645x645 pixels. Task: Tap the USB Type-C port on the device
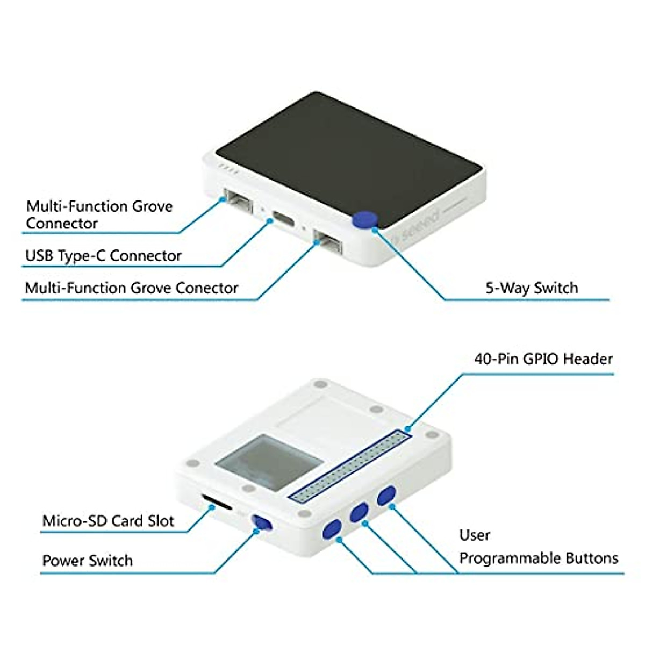[283, 219]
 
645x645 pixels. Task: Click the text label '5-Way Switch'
[532, 288]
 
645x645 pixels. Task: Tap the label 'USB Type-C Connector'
[103, 256]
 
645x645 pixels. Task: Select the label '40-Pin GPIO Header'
[543, 359]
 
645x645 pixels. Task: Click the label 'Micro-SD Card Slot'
[108, 521]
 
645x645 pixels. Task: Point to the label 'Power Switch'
[87, 561]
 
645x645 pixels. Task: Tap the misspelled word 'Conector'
[207, 288]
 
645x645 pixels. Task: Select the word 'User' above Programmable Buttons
[475, 535]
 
